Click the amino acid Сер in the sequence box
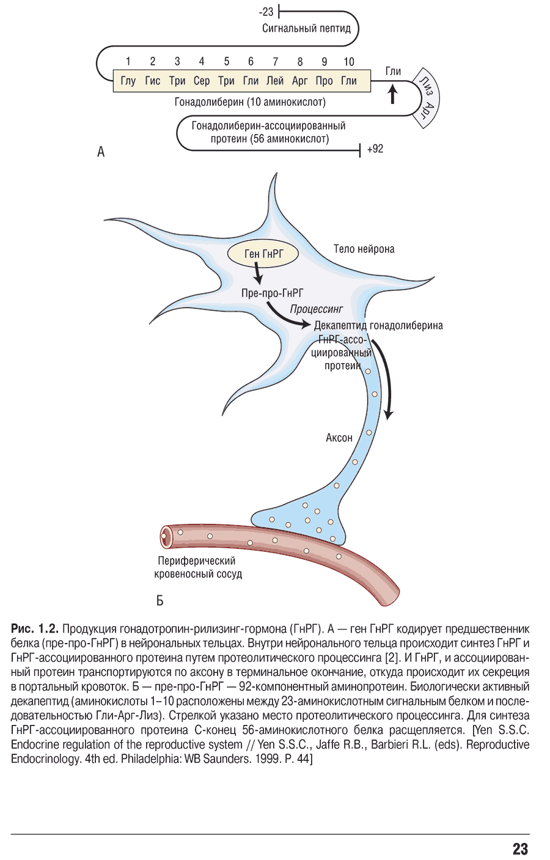[x=202, y=81]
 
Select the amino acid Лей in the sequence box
[x=275, y=81]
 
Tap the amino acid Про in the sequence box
[x=324, y=81]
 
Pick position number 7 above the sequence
[x=275, y=62]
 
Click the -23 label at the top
[x=266, y=12]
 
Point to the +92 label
[x=375, y=149]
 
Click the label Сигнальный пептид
[x=306, y=28]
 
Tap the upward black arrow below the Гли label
[x=393, y=93]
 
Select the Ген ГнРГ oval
[x=263, y=254]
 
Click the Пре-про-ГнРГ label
[x=272, y=293]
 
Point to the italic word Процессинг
[x=316, y=309]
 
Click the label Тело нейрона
[x=364, y=249]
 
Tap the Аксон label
[x=339, y=438]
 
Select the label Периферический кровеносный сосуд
[x=197, y=567]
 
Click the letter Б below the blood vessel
[x=160, y=600]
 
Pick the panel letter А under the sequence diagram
[x=101, y=152]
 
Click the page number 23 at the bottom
[x=520, y=849]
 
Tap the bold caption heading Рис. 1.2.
[x=35, y=629]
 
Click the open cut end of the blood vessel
[x=165, y=537]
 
